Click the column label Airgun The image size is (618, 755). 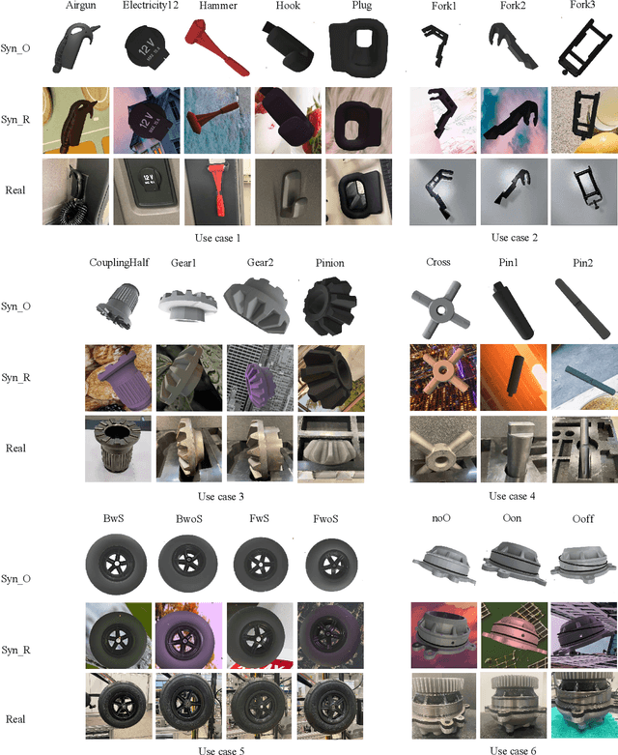pos(81,6)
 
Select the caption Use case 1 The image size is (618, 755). pos(217,238)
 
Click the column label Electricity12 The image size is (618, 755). pos(151,6)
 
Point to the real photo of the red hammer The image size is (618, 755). pos(217,191)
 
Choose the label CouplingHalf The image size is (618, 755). pos(119,262)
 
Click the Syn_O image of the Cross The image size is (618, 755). pos(441,308)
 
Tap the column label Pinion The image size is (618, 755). pos(330,263)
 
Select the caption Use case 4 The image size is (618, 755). pos(512,496)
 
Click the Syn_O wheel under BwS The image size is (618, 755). pos(117,565)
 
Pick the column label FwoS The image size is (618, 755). pos(325,519)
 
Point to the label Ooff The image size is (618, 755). pos(583,519)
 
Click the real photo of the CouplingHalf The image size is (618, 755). pos(119,449)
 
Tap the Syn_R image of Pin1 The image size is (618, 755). pos(514,377)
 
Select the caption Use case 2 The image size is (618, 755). pos(514,238)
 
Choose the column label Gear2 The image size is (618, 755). pos(260,262)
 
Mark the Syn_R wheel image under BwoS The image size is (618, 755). pos(189,635)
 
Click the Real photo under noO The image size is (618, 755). pos(444,706)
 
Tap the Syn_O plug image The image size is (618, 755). pos(359,47)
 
